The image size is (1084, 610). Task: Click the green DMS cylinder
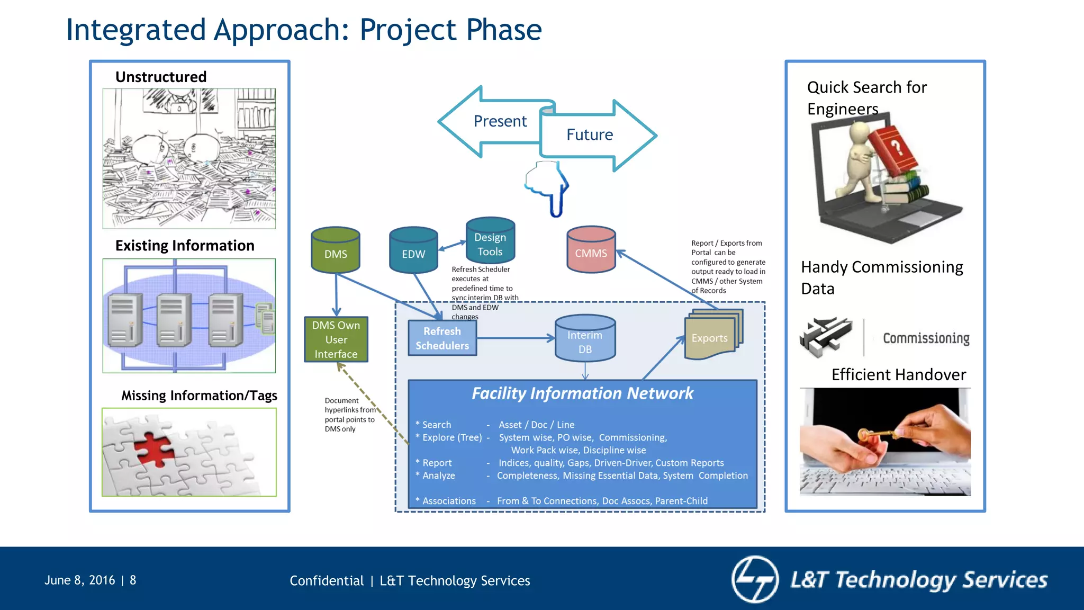[x=336, y=250]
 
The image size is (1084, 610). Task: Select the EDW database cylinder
[x=413, y=250]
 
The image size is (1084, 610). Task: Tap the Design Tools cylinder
[x=490, y=241]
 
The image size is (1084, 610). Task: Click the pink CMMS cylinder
[x=591, y=250]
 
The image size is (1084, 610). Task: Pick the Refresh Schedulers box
[x=442, y=338]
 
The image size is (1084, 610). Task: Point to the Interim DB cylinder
[x=585, y=339]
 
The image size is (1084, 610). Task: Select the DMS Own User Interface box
[x=336, y=339]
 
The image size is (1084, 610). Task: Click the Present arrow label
[x=500, y=121]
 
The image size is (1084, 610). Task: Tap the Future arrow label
[x=589, y=135]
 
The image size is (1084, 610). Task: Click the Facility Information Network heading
[x=582, y=393]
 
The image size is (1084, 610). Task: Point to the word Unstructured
[x=161, y=77]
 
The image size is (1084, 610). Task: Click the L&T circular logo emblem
[x=755, y=579]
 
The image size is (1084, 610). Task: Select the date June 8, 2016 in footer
[x=80, y=580]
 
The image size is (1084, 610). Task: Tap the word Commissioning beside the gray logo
[x=926, y=338]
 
